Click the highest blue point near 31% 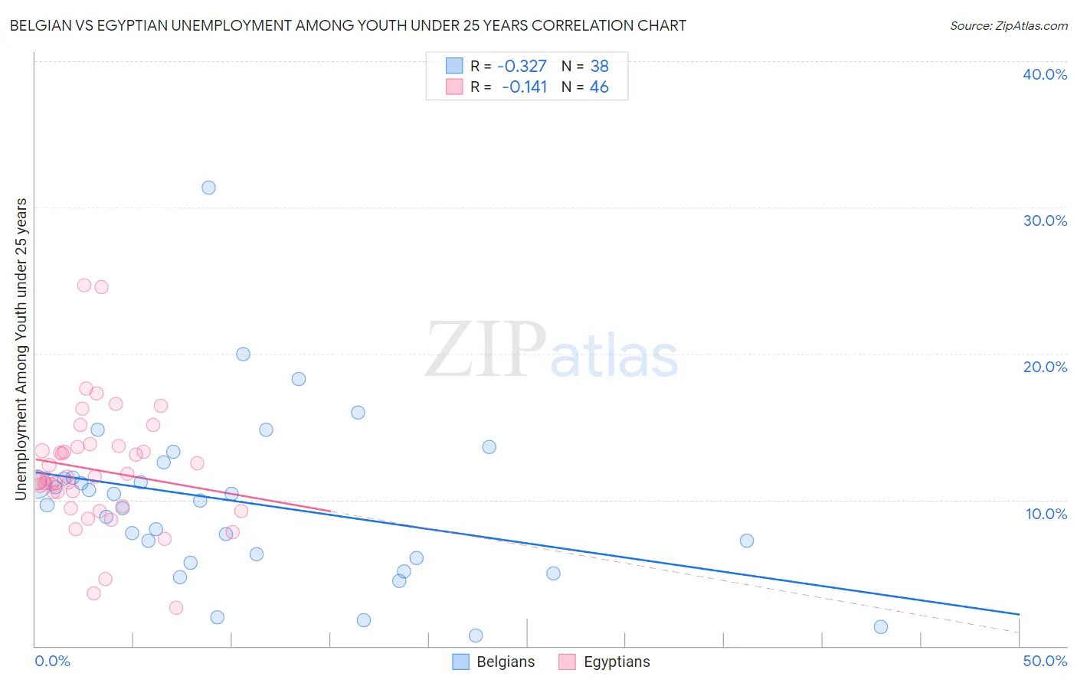pyautogui.click(x=208, y=188)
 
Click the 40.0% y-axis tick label pyautogui.click(x=1045, y=74)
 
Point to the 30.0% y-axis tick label pyautogui.click(x=1045, y=221)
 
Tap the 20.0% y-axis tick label pyautogui.click(x=1045, y=367)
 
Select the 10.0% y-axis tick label pyautogui.click(x=1046, y=514)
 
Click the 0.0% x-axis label pyautogui.click(x=52, y=661)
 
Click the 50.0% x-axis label pyautogui.click(x=1045, y=661)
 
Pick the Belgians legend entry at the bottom pyautogui.click(x=493, y=662)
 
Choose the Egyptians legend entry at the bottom pyautogui.click(x=604, y=662)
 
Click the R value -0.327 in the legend pyautogui.click(x=522, y=66)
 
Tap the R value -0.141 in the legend pyautogui.click(x=524, y=87)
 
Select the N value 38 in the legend pyautogui.click(x=599, y=66)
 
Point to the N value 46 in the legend pyautogui.click(x=599, y=87)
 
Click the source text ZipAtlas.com pyautogui.click(x=1031, y=25)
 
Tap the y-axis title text pyautogui.click(x=21, y=349)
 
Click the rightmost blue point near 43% pyautogui.click(x=881, y=627)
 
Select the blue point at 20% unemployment pyautogui.click(x=243, y=354)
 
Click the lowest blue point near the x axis pyautogui.click(x=476, y=636)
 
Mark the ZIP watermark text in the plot pyautogui.click(x=485, y=351)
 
